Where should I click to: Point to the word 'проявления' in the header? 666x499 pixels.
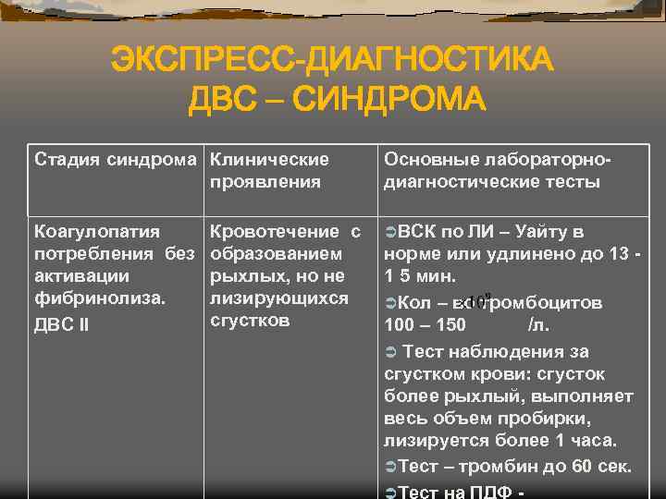click(x=265, y=181)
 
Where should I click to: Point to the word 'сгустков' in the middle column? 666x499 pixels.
click(x=251, y=321)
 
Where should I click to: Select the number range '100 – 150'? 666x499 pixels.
click(x=425, y=325)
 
